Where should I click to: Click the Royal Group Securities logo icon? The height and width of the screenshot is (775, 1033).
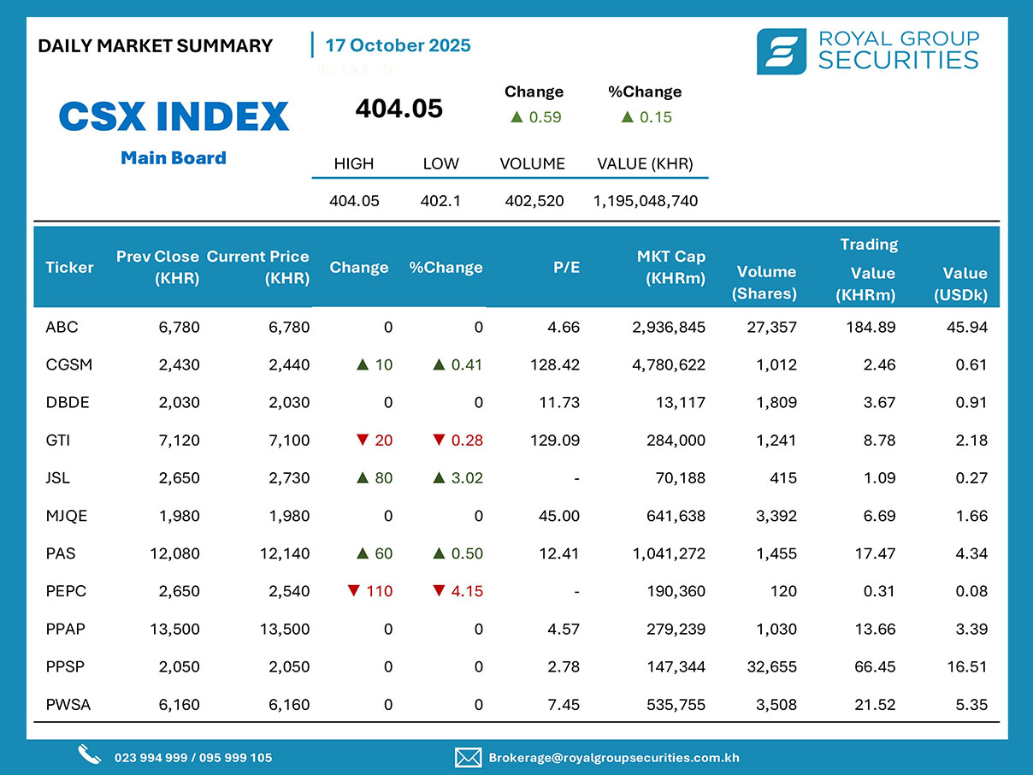[x=781, y=51]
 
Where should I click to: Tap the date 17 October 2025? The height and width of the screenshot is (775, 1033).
[x=398, y=45]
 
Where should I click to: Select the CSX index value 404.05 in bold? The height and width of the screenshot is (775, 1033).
[x=398, y=109]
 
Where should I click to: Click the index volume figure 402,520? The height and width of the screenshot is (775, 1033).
[x=533, y=201]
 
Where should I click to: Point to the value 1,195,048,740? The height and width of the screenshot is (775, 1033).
[x=646, y=201]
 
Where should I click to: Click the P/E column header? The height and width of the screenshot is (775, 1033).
[x=566, y=267]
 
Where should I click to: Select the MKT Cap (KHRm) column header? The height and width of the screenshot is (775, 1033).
[x=671, y=267]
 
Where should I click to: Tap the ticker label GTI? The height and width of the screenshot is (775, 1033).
[x=57, y=441]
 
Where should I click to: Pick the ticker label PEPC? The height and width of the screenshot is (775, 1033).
[x=66, y=591]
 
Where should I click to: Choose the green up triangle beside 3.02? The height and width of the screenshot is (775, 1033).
[x=439, y=478]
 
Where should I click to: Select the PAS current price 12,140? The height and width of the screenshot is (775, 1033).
[x=285, y=553]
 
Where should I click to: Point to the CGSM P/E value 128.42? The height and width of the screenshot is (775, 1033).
[x=555, y=364]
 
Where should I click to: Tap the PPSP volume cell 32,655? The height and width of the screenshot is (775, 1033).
[x=771, y=666]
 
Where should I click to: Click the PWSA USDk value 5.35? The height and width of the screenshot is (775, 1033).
[x=973, y=705]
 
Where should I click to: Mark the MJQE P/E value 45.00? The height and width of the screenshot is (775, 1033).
[x=560, y=516]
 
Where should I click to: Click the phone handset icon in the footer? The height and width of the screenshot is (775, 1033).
[x=89, y=755]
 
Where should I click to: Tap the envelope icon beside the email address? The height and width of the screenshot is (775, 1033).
[x=467, y=757]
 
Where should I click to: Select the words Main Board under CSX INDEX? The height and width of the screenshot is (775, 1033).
[x=174, y=157]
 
